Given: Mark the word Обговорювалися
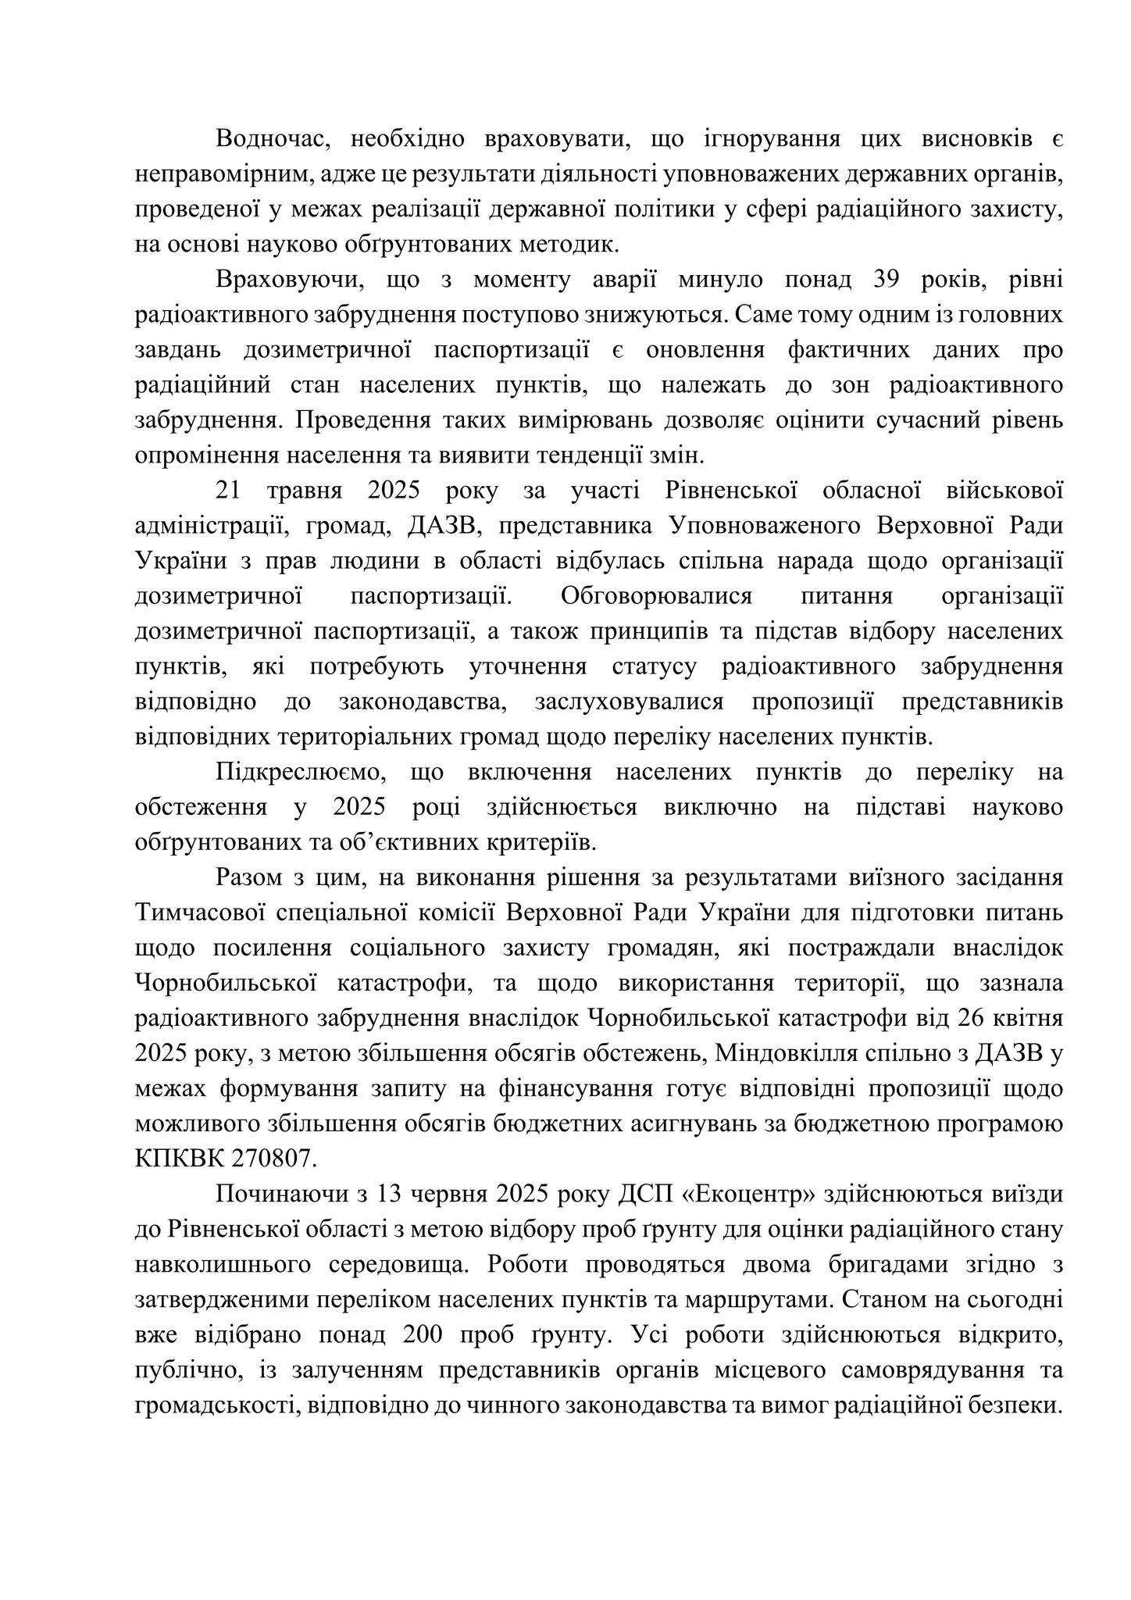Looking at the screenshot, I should (x=655, y=596).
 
